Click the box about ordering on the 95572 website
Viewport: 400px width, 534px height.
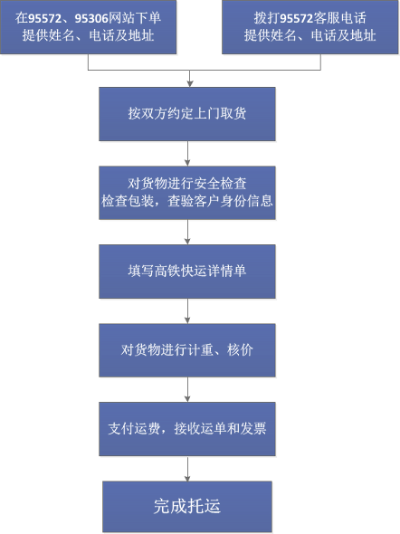(88, 27)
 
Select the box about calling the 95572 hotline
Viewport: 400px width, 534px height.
(310, 27)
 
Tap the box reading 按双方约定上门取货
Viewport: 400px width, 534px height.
(187, 114)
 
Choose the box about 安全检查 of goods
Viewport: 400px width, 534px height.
(187, 193)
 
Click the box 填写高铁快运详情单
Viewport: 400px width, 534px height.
(187, 272)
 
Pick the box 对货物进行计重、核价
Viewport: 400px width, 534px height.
(187, 350)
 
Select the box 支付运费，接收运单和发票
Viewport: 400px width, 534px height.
(187, 429)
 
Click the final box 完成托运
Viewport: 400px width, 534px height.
(187, 507)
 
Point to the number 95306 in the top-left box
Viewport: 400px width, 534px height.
(91, 18)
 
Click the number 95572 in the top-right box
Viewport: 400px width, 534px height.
(297, 18)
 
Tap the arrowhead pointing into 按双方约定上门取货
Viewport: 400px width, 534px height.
(190, 84)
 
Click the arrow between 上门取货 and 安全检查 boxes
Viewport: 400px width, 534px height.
(187, 153)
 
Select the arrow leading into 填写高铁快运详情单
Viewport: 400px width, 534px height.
(187, 232)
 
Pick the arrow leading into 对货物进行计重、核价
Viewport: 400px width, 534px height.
(187, 311)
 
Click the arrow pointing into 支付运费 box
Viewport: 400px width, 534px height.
(187, 389)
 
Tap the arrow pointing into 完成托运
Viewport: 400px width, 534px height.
(187, 468)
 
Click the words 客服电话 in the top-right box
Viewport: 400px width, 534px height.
(339, 18)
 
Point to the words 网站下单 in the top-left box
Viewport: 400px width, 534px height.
(135, 18)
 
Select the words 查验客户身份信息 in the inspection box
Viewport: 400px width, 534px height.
(220, 201)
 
